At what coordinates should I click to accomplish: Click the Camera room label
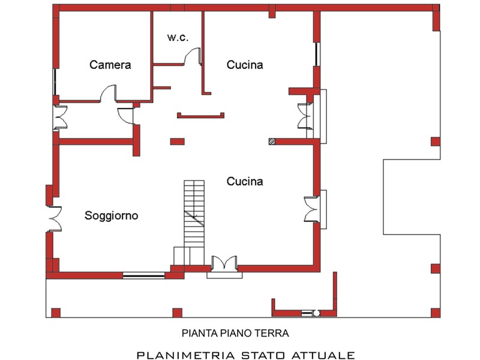(x=110, y=65)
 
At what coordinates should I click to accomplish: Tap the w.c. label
(x=178, y=37)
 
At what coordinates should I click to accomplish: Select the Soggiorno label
(x=111, y=216)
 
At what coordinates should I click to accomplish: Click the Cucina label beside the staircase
(x=245, y=181)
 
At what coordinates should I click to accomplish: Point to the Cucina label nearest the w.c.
(x=245, y=65)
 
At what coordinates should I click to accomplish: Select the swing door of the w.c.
(x=193, y=56)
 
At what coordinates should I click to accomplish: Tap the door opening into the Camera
(x=109, y=93)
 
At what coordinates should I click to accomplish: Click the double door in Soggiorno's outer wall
(x=55, y=219)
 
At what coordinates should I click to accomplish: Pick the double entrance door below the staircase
(x=224, y=263)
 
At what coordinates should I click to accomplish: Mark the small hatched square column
(x=272, y=142)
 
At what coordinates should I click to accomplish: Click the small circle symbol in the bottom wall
(x=317, y=313)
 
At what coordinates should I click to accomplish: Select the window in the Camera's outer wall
(x=55, y=82)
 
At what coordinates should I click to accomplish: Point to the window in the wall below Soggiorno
(x=143, y=275)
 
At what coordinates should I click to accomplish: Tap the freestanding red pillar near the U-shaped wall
(x=177, y=142)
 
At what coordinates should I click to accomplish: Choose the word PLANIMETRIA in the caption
(x=185, y=355)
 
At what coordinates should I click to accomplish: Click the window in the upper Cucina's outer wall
(x=317, y=54)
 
